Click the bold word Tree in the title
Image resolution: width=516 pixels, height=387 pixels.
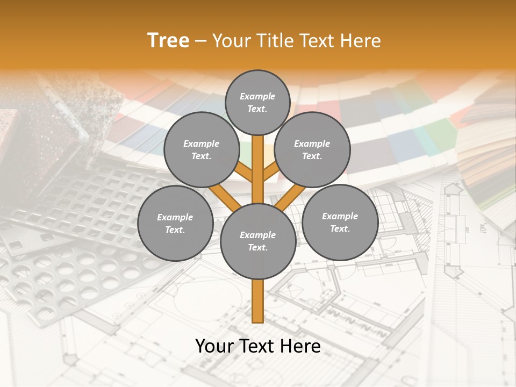coord(168,40)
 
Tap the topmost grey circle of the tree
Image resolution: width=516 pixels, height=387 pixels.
coord(257,102)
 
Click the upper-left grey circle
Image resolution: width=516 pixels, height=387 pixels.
coord(201,149)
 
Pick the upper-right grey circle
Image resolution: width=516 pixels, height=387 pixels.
coord(312,149)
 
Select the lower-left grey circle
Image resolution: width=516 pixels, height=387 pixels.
coord(175,223)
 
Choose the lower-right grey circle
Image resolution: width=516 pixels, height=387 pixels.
coord(340,222)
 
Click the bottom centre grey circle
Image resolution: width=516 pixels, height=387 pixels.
coord(257,241)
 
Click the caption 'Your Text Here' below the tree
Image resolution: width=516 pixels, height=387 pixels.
coord(257,346)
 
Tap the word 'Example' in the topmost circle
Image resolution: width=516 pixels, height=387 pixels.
coord(257,96)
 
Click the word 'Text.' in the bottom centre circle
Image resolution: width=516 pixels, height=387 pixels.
coord(257,247)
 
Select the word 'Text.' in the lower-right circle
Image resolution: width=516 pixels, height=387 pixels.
coord(340,228)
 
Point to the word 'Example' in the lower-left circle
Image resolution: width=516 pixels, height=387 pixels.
coord(175,217)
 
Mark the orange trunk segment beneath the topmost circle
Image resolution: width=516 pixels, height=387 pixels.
coord(257,167)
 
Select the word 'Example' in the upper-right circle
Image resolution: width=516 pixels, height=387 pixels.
coord(312,144)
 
